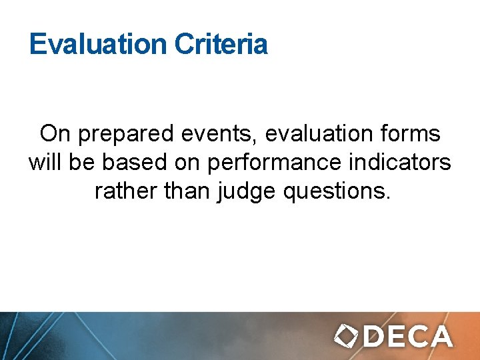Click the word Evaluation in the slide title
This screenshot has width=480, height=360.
tap(97, 45)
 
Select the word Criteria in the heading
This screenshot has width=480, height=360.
tap(221, 45)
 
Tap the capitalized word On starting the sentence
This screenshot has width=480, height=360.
tap(55, 134)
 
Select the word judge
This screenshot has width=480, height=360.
tap(246, 193)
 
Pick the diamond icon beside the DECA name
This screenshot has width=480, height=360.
tap(347, 337)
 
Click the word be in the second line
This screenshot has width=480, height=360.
tap(89, 163)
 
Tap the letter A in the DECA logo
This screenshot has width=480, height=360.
tap(441, 337)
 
